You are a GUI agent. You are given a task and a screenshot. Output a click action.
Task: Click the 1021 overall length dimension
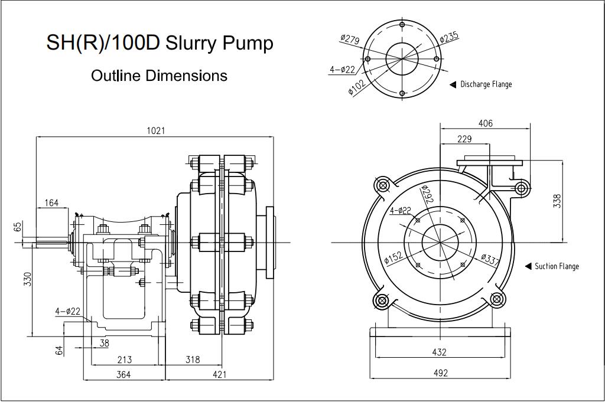(x=156, y=130)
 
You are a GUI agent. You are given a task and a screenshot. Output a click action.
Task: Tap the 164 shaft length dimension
(x=51, y=203)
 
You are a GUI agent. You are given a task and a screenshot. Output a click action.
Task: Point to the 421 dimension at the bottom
(x=219, y=374)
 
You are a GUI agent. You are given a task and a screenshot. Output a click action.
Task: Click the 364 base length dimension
(x=123, y=374)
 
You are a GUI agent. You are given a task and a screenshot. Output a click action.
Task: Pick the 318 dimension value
(x=193, y=359)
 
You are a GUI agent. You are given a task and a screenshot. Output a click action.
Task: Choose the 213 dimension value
(x=124, y=359)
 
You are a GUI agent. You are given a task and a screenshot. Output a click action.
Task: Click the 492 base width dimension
(x=440, y=373)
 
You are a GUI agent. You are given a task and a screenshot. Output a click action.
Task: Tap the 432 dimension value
(x=439, y=352)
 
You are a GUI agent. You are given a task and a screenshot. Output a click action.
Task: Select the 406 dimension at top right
(x=485, y=123)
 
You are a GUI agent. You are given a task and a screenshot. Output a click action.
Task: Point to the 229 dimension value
(x=464, y=139)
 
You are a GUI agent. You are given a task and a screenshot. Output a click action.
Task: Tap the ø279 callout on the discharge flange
(x=350, y=40)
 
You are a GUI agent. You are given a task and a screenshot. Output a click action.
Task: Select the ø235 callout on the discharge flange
(x=449, y=37)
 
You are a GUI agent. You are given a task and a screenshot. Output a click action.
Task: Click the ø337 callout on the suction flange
(x=490, y=260)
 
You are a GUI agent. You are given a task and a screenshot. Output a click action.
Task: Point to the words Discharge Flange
(x=486, y=84)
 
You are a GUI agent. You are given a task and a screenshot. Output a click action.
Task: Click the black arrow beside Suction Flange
(x=528, y=266)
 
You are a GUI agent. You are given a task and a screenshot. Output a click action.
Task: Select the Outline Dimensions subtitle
(x=159, y=76)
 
